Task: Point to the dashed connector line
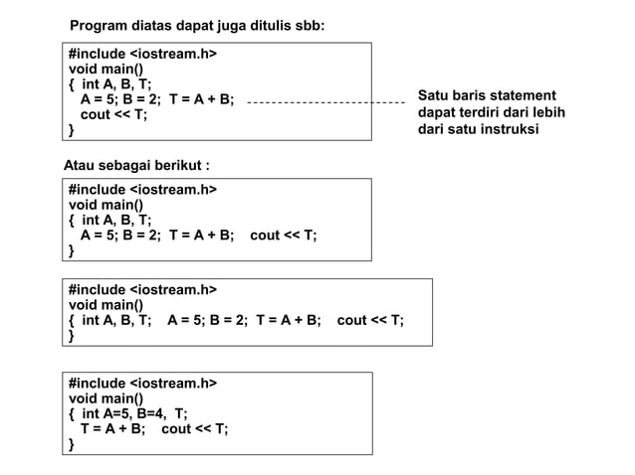click(324, 101)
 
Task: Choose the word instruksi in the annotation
click(504, 129)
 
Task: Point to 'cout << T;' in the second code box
click(284, 237)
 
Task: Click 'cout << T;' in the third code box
click(370, 321)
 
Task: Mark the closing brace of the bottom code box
click(71, 444)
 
